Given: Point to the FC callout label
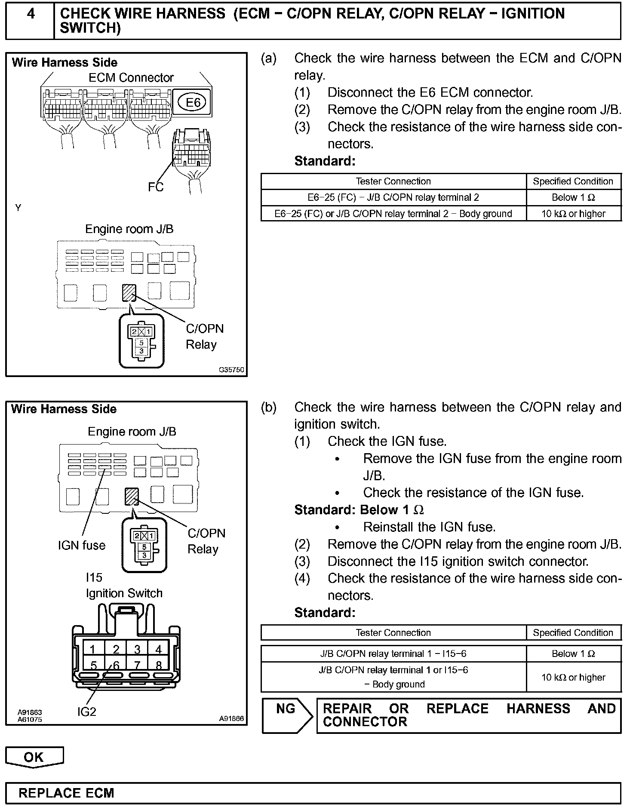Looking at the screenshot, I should coord(155,187).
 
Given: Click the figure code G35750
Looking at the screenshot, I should coord(231,370).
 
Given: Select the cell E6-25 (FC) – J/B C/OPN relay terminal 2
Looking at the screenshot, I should coord(393,198).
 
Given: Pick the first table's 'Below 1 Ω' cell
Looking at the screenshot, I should coord(573,198).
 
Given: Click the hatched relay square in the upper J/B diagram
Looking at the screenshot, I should coord(129,293).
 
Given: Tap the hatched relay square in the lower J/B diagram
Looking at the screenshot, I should coord(132,497).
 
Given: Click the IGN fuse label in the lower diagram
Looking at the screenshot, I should coord(82,546).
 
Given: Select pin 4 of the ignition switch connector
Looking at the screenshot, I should coord(158,649).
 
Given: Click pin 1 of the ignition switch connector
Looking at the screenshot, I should coord(92,649).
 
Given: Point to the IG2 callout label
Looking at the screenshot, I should coord(87,712).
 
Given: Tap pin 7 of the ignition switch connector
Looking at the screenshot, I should coord(137,666).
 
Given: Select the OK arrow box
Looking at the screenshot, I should coord(34,757).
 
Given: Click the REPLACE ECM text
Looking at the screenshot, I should coord(67,793).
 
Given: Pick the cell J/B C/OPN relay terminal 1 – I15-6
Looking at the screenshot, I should coord(393,654).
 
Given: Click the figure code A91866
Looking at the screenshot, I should coord(231,718).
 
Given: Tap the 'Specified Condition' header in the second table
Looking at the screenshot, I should coord(573,633).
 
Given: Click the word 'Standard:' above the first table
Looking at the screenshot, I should coord(325,161).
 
